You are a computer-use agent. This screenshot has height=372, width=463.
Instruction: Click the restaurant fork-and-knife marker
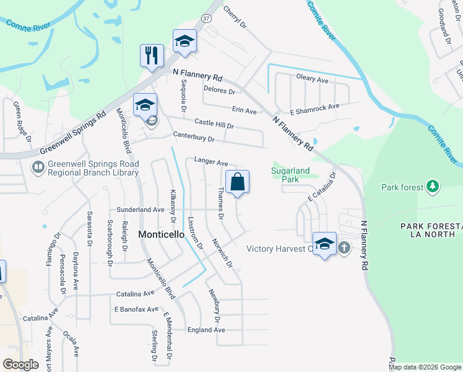[x=152, y=56]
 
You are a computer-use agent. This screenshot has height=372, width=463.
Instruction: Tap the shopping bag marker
[x=237, y=182]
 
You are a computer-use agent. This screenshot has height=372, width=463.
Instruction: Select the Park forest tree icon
[x=433, y=186]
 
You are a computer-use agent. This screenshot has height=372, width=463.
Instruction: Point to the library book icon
[x=37, y=167]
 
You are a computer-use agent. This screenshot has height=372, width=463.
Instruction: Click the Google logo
[x=20, y=364]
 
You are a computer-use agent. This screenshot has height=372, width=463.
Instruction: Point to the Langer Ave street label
[x=211, y=161]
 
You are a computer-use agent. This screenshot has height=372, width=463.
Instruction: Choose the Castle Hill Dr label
[x=214, y=125]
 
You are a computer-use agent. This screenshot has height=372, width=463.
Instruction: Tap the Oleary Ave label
[x=312, y=79]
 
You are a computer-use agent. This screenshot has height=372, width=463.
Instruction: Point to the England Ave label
[x=211, y=330]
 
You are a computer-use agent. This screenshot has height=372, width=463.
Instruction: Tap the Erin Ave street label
[x=244, y=110]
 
